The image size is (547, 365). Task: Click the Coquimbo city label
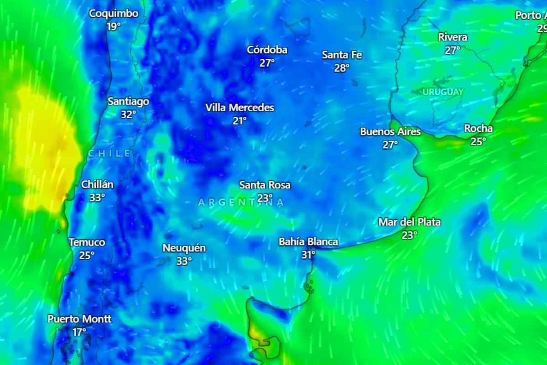click(114, 14)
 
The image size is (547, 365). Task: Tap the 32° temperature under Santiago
click(129, 115)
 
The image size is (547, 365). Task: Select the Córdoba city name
click(267, 50)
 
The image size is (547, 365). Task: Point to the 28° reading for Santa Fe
click(342, 68)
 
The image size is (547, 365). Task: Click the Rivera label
click(452, 37)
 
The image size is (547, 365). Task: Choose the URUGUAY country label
click(443, 92)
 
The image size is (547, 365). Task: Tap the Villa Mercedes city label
click(240, 108)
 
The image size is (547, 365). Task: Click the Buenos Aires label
click(390, 132)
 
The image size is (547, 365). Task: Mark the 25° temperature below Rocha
click(478, 141)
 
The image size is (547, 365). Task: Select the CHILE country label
click(109, 153)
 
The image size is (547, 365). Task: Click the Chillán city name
click(97, 185)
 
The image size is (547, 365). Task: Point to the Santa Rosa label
click(265, 185)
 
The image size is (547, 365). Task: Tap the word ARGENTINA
click(241, 202)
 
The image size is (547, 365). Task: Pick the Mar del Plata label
click(409, 222)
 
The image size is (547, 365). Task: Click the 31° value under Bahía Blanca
click(308, 255)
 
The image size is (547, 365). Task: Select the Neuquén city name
click(184, 248)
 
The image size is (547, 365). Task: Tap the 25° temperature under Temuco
click(87, 255)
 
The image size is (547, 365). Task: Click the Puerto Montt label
click(79, 319)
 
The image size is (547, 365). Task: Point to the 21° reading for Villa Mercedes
click(240, 121)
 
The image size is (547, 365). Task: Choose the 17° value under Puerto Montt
click(79, 332)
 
